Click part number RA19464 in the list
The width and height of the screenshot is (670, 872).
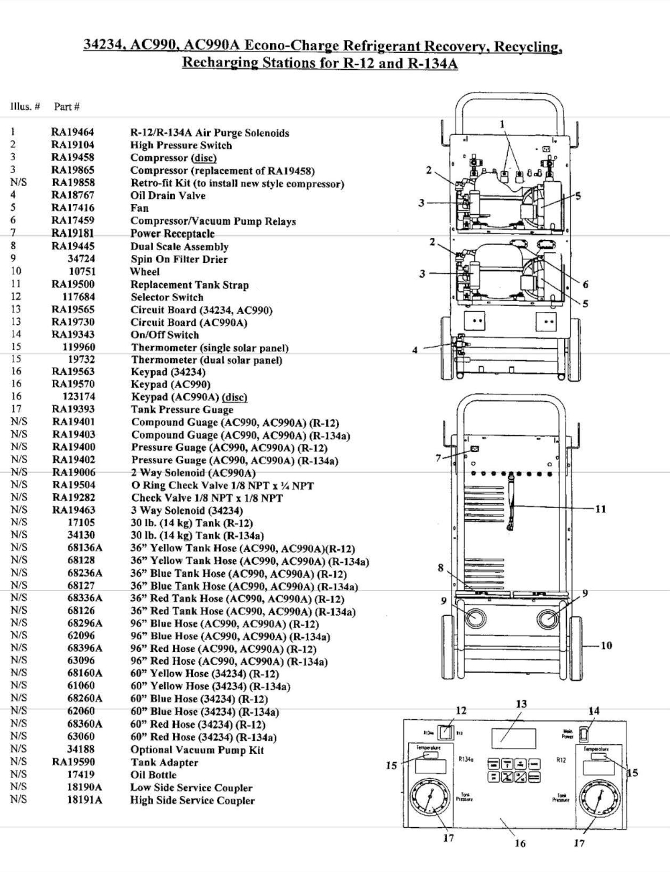72,133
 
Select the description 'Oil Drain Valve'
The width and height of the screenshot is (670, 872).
167,196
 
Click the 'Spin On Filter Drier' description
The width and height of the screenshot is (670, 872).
179,259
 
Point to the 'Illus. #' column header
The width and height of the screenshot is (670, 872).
25,107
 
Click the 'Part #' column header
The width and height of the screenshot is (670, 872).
67,107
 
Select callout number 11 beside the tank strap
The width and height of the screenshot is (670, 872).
600,508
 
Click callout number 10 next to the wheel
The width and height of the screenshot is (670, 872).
606,645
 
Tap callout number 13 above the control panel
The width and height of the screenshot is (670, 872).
521,704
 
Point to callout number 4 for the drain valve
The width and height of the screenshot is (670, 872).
415,349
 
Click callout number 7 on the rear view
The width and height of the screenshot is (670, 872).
438,457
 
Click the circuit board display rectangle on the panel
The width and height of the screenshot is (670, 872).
513,738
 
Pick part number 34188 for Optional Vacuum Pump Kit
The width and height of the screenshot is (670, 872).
80,749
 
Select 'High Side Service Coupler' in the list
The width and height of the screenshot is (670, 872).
192,800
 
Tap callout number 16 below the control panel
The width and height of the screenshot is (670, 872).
520,843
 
